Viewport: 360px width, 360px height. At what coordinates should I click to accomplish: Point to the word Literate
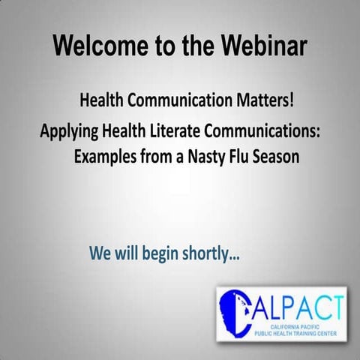(x=175, y=133)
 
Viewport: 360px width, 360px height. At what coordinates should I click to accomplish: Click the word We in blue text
(x=100, y=253)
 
